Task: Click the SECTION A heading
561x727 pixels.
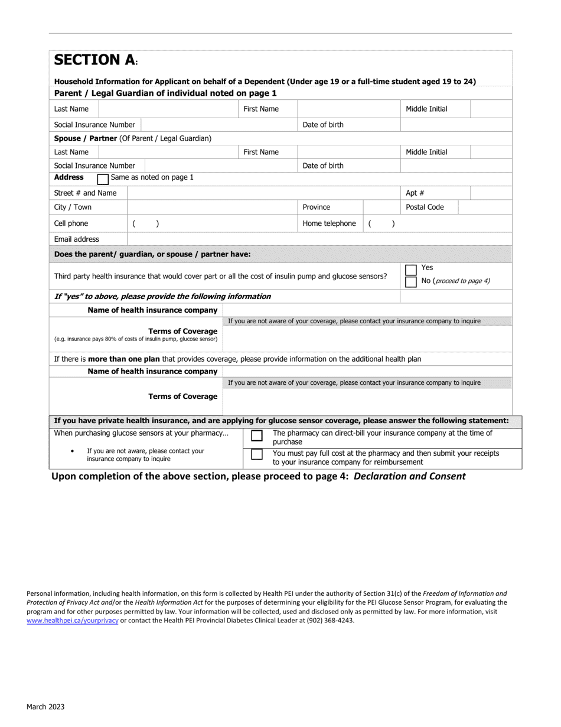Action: coord(94,60)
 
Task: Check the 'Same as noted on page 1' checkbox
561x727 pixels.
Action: coord(102,178)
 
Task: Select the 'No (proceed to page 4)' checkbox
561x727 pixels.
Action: coord(411,282)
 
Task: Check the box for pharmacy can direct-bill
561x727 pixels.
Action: coord(257,436)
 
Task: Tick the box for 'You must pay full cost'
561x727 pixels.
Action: coord(257,455)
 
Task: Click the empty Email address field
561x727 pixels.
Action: coord(319,239)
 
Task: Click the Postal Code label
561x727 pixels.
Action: coord(425,207)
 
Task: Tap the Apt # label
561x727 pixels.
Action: coord(415,193)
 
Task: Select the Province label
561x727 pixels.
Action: coord(317,207)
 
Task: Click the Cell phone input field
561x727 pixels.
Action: coord(213,223)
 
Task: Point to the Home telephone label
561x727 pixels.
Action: coord(329,223)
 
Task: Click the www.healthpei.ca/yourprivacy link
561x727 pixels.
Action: coord(73,621)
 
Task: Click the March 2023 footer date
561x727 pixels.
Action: coord(45,706)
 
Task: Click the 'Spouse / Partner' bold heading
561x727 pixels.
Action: coord(86,138)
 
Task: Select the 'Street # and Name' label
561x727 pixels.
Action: coord(85,193)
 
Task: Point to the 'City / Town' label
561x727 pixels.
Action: coord(73,207)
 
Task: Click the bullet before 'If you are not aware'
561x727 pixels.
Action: coord(72,451)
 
